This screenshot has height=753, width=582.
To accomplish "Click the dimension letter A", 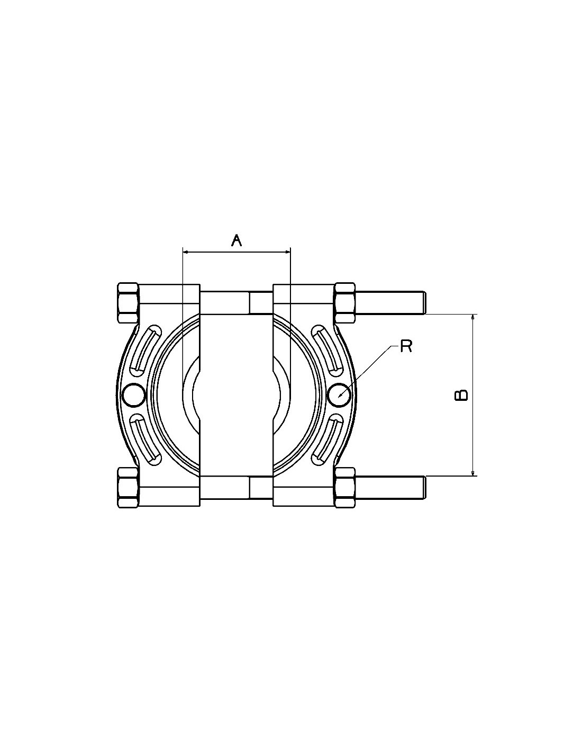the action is (x=237, y=240).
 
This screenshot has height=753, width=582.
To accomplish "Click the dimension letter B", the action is (x=461, y=395).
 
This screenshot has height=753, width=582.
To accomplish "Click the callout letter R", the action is (x=406, y=346).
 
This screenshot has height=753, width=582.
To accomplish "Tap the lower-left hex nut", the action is (x=129, y=488).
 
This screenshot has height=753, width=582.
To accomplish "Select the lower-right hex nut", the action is (x=345, y=488).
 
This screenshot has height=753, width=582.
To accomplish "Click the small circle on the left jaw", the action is (x=134, y=395).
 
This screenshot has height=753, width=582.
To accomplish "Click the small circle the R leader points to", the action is (x=340, y=395).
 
